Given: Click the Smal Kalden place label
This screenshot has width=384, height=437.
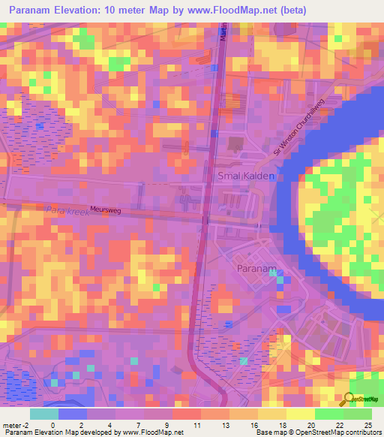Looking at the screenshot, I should (x=245, y=176).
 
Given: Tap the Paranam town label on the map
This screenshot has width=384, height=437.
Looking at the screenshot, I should (x=257, y=267).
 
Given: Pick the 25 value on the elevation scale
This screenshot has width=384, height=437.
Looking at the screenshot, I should (x=367, y=425).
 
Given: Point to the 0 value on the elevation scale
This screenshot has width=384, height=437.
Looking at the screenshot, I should (x=52, y=425).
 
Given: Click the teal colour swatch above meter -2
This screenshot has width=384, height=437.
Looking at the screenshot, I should (x=44, y=414).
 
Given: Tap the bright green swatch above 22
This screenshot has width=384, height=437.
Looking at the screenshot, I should (x=329, y=414).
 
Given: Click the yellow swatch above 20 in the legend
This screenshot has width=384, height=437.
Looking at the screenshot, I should (x=300, y=414).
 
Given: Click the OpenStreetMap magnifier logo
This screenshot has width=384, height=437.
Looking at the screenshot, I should (x=349, y=399).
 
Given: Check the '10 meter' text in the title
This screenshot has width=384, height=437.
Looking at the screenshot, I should (x=141, y=11).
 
